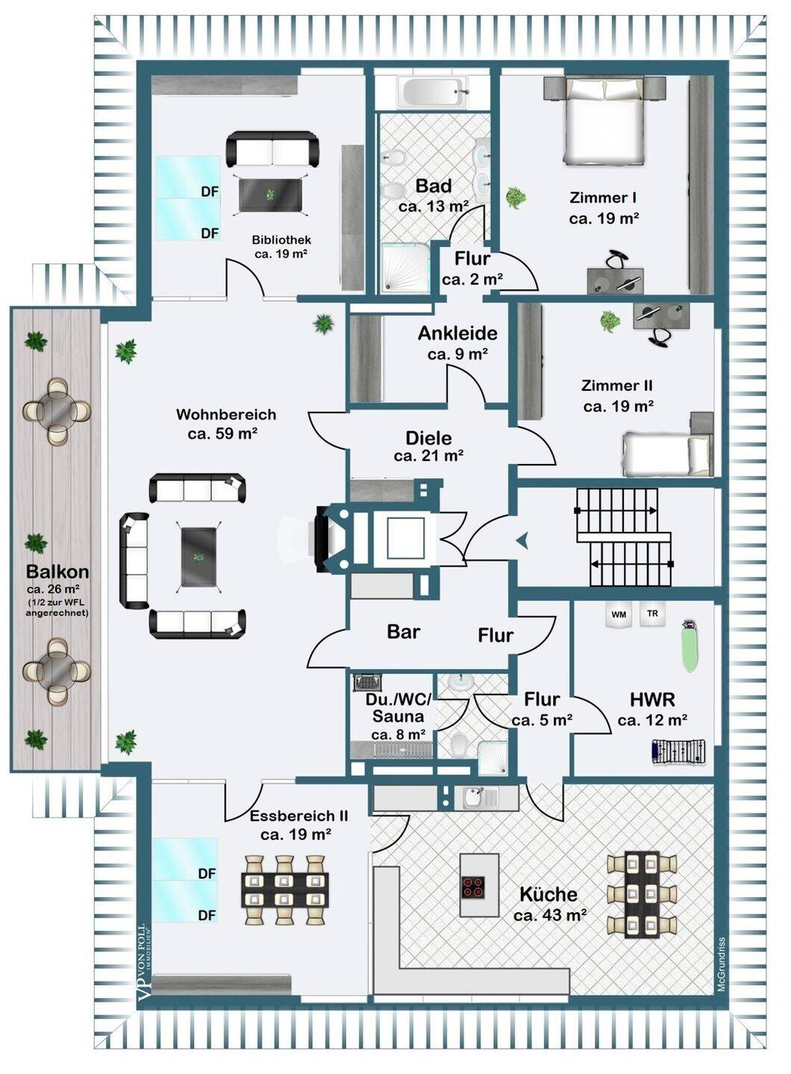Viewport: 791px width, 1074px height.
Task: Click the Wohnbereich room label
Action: tap(226, 415)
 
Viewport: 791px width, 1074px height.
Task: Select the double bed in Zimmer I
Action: tap(604, 122)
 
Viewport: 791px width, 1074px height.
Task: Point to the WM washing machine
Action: tap(619, 615)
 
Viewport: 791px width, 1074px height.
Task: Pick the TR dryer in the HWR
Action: tap(652, 614)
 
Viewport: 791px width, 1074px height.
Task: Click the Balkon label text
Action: tap(57, 572)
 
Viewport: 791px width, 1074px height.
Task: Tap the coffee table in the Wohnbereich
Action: tap(198, 556)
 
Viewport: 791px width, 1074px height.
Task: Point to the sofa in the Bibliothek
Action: tap(272, 149)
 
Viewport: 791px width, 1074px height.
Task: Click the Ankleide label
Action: tap(457, 333)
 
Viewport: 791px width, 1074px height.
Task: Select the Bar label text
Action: tap(404, 632)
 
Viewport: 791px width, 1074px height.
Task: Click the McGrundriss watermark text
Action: tap(722, 964)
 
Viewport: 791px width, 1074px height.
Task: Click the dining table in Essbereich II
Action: tap(285, 890)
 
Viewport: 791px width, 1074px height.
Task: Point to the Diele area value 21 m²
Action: tap(429, 455)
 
